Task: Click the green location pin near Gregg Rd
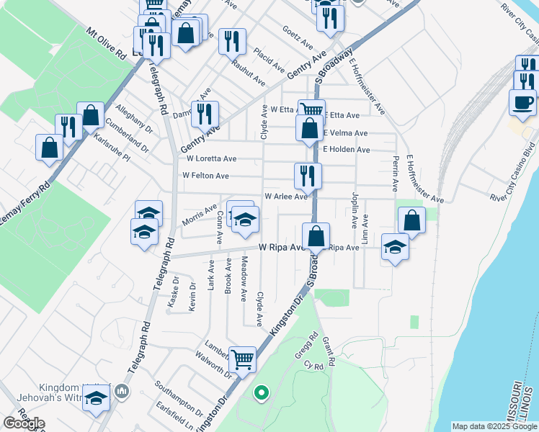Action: point(262,392)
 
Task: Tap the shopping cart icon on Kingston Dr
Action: point(243,358)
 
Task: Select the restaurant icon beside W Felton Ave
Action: point(308,174)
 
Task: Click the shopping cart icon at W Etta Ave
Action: point(311,110)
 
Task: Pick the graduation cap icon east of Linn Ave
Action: point(394,246)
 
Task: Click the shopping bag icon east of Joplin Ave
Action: point(411,220)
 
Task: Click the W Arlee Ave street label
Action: point(286,196)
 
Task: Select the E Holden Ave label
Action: point(346,150)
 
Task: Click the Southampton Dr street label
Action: point(177,399)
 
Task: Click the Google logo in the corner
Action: point(24,423)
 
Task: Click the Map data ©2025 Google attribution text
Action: point(494,426)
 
